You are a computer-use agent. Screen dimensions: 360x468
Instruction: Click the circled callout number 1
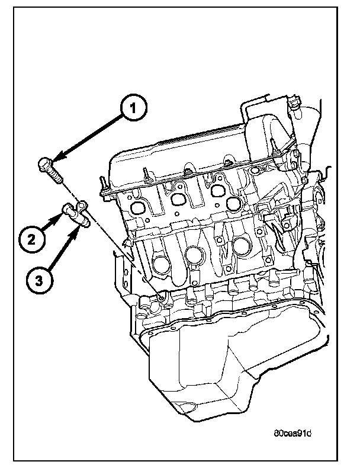133,108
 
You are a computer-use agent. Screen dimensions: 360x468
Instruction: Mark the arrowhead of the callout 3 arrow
79,229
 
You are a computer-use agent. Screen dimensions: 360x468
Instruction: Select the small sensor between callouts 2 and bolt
76,214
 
